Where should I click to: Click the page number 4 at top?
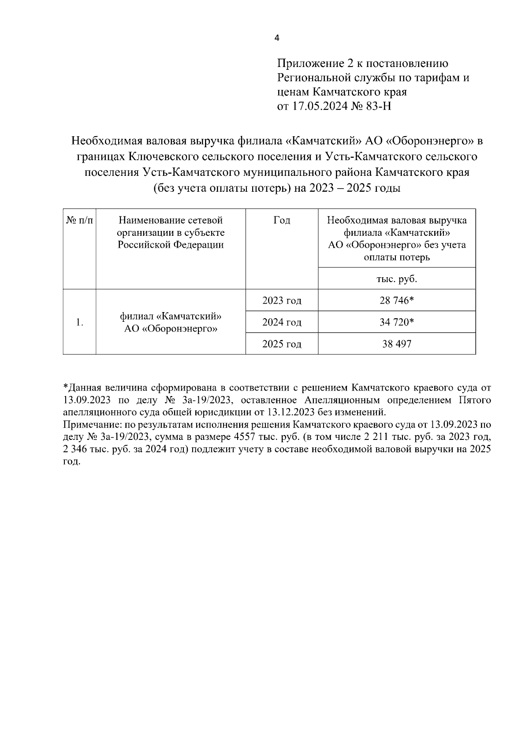coord(276,38)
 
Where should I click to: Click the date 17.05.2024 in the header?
coord(317,106)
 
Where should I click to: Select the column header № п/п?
coord(79,220)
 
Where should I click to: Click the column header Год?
coord(282,220)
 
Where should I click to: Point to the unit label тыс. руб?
coord(396,279)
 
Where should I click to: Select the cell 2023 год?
coord(282,301)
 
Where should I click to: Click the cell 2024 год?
coord(282,322)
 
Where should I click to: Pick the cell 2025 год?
coord(282,344)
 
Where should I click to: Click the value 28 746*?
coord(396,301)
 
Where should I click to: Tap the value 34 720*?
coord(396,322)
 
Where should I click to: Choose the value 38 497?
coord(396,344)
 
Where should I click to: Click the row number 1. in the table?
coord(79,323)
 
